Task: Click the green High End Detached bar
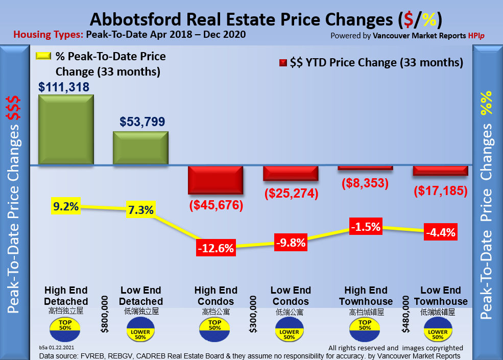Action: tap(66, 130)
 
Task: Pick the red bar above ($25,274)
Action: tap(291, 173)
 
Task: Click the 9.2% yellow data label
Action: tap(66, 207)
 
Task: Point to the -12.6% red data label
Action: tap(215, 249)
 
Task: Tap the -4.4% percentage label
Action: tap(440, 232)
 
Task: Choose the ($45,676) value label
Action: tap(216, 206)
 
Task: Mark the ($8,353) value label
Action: tap(365, 183)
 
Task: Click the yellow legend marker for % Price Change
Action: tap(43, 57)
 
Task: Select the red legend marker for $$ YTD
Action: tap(282, 63)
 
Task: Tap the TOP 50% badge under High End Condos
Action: tap(214, 325)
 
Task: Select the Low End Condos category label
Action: tap(290, 296)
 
